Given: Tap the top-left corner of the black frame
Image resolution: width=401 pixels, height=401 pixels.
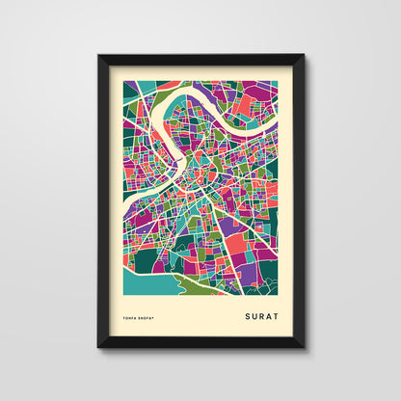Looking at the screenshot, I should click(x=98, y=55).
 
